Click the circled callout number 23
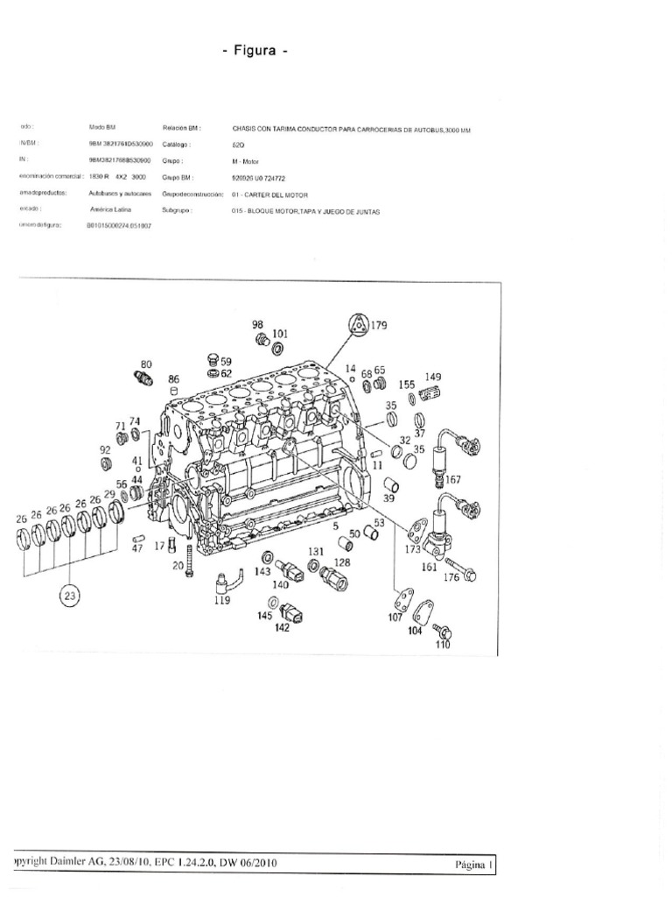pyautogui.click(x=69, y=597)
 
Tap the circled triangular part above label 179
pyautogui.click(x=355, y=325)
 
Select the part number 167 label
pyautogui.click(x=452, y=480)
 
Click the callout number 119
pyautogui.click(x=223, y=602)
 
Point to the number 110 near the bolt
pyautogui.click(x=442, y=645)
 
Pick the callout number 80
pyautogui.click(x=146, y=364)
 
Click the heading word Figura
pyautogui.click(x=255, y=51)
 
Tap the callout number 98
pyautogui.click(x=258, y=324)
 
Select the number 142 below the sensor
pyautogui.click(x=283, y=628)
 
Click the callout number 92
pyautogui.click(x=105, y=449)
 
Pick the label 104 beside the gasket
pyautogui.click(x=414, y=631)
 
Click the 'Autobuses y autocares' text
pyautogui.click(x=121, y=194)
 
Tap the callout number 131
pyautogui.click(x=315, y=551)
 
